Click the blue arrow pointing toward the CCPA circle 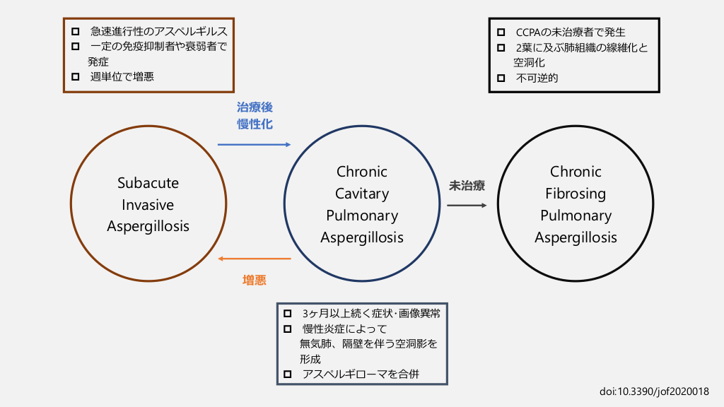point(254,144)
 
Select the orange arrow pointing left point(254,259)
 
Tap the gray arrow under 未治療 point(467,206)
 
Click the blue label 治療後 point(255,107)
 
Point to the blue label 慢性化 point(255,124)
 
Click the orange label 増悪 point(255,280)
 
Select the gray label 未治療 point(467,187)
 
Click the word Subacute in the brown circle point(148,183)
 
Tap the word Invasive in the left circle point(148,205)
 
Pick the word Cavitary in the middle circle point(362,194)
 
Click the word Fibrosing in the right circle point(576,194)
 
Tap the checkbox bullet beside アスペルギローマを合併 point(287,374)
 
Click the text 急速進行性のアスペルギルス point(159,32)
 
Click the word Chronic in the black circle point(576,172)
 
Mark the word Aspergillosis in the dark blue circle point(362,237)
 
